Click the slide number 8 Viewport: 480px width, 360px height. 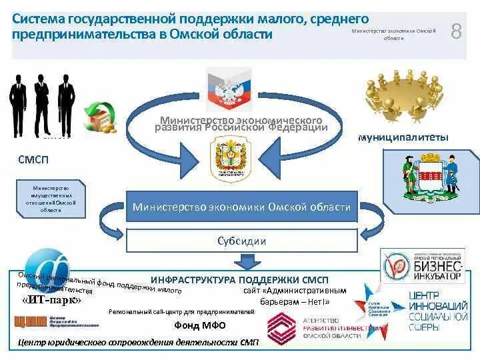tap(457, 31)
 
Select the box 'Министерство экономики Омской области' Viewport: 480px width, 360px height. tap(241, 207)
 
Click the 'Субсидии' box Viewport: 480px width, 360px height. tap(241, 241)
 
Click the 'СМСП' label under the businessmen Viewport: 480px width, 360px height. tap(33, 160)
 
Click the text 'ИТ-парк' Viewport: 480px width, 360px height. tap(51, 300)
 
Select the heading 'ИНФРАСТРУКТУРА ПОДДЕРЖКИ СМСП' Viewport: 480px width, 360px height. tap(239, 280)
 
